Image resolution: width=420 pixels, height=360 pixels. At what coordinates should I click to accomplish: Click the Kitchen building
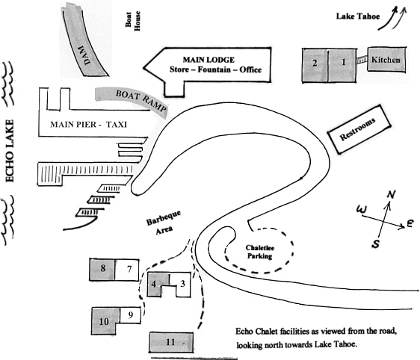[386, 60]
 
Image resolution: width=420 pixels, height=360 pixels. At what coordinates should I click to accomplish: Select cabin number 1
[342, 65]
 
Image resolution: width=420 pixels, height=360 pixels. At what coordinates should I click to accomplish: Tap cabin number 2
[315, 65]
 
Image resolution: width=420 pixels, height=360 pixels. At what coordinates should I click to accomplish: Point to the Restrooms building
[359, 129]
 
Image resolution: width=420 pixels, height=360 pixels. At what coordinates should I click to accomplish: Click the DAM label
[85, 55]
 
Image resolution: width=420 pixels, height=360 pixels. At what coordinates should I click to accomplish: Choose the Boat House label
[133, 21]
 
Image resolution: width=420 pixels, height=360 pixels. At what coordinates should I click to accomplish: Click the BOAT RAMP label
[140, 100]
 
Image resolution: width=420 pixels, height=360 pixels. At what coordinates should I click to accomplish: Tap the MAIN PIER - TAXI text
[89, 125]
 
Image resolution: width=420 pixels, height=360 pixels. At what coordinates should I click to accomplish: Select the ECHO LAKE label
[10, 151]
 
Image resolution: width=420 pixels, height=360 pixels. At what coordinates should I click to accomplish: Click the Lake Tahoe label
[358, 16]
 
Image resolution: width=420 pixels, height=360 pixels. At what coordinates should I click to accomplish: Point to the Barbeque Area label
[164, 222]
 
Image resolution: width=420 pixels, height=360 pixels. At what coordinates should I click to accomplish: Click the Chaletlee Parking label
[259, 252]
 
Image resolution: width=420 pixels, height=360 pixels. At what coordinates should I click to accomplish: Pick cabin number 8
[102, 270]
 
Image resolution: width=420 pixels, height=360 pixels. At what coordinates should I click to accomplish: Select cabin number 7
[127, 270]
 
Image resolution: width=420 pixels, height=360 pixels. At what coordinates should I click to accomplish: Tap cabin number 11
[171, 342]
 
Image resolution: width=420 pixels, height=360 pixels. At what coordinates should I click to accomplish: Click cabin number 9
[130, 315]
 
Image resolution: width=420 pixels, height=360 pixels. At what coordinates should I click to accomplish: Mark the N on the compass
[391, 195]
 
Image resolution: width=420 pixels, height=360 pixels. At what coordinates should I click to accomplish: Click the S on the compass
[376, 243]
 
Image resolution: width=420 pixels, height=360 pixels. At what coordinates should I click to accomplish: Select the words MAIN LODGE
[209, 60]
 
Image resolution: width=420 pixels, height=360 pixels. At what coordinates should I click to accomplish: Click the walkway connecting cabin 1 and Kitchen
[362, 60]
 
